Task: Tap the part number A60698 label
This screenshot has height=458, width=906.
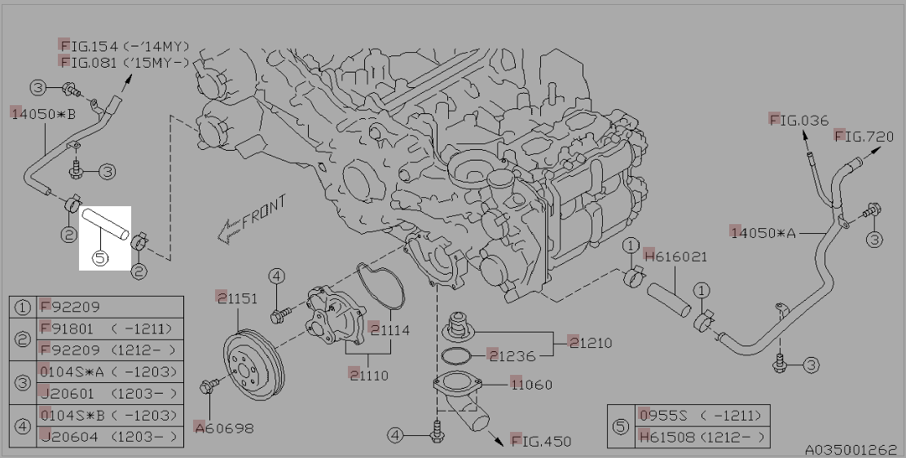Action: (x=223, y=427)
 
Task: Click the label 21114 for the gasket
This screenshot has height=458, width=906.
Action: (x=389, y=330)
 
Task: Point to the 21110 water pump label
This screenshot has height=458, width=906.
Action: (x=368, y=376)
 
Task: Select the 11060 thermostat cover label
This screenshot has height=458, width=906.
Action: (x=532, y=383)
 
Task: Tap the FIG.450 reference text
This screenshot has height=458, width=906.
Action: (x=542, y=441)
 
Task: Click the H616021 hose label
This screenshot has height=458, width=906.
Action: (x=675, y=257)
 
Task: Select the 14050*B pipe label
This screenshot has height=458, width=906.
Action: (x=43, y=113)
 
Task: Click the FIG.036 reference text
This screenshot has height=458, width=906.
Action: (x=799, y=121)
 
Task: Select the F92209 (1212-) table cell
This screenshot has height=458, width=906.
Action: (x=107, y=350)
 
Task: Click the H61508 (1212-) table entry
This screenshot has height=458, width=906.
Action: (x=701, y=438)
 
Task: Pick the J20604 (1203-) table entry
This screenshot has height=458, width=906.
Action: (x=107, y=437)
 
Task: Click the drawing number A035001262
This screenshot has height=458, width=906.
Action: (x=851, y=449)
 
